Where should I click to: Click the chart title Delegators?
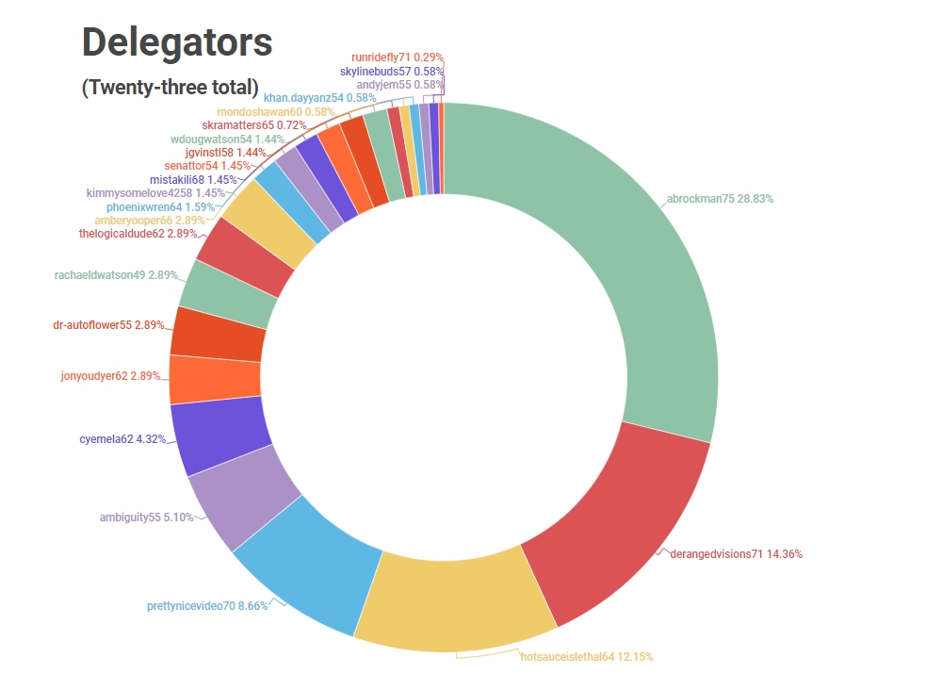tap(177, 41)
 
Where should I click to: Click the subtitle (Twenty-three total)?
tap(170, 88)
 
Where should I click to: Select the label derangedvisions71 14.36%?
tap(735, 554)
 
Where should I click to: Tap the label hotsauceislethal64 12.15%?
tap(586, 656)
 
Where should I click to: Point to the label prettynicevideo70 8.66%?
tap(207, 606)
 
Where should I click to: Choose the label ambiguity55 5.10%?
tap(146, 517)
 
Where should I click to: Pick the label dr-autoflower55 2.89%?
tap(108, 325)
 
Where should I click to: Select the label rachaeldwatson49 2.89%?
tap(115, 275)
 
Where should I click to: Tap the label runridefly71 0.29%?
tap(397, 58)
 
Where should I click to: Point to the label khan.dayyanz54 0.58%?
tap(319, 97)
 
